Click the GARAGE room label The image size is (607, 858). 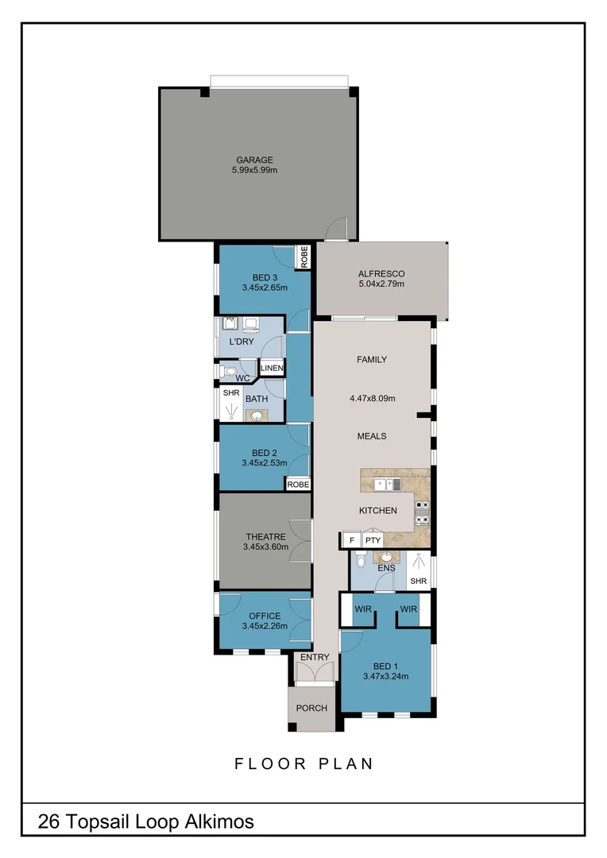pos(254,160)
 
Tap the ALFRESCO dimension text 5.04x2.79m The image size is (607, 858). pos(381,284)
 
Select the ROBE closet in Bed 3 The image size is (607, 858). pos(303,257)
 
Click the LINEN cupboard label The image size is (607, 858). pos(272,369)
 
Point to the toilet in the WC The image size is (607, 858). pos(230,370)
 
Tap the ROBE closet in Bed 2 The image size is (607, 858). pos(298,484)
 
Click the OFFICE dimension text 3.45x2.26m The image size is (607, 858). pos(265,627)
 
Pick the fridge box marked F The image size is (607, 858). pos(350,540)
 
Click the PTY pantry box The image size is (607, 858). pos(373,540)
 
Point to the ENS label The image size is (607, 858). pos(387,567)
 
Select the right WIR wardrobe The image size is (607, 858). pos(409,609)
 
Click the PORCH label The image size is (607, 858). pos(311,708)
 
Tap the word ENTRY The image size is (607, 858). pos(314,656)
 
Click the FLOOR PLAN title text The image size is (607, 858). pos(303,764)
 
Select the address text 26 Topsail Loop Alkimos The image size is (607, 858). pos(146,821)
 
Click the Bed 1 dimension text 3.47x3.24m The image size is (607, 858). pos(385,677)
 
